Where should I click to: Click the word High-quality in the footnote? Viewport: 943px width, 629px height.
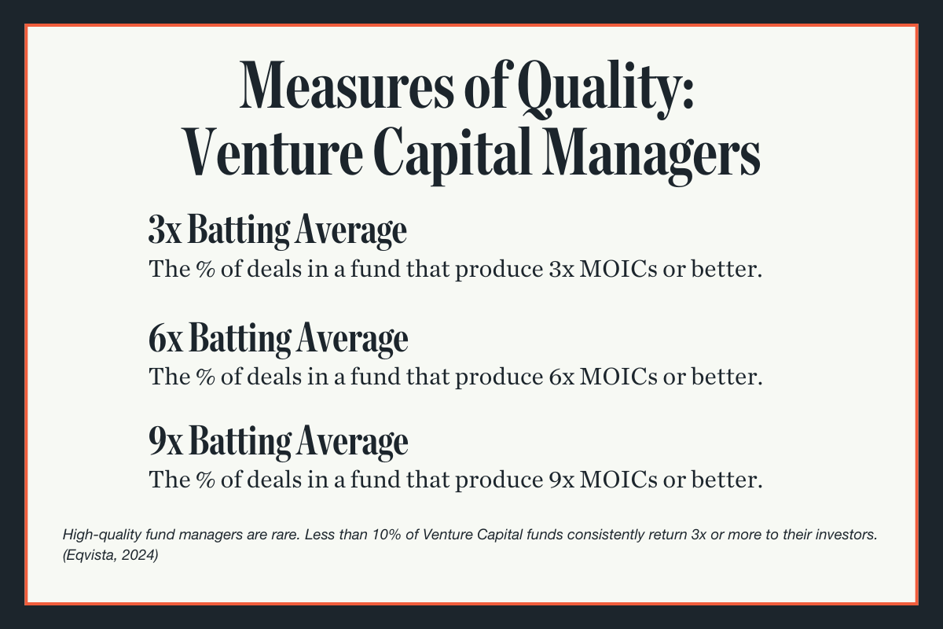click(94, 535)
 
